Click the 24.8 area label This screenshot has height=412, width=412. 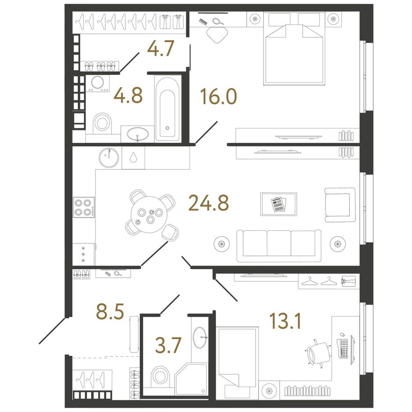209,203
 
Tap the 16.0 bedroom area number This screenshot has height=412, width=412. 218,96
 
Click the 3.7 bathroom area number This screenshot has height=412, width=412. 168,345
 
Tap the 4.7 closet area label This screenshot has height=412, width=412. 161,48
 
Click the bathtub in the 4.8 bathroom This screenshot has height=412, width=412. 168,109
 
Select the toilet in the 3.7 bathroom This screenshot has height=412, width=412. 160,376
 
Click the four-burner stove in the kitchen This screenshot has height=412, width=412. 84,207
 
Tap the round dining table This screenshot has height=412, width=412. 149,214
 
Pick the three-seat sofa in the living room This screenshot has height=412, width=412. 279,246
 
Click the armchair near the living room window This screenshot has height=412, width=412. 340,205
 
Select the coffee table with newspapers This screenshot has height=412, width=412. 279,204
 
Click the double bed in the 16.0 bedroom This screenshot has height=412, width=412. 294,49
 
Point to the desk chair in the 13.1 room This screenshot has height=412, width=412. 319,353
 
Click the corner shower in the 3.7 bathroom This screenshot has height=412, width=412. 191,379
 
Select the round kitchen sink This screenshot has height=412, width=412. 109,158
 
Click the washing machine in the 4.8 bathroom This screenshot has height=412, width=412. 97,83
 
